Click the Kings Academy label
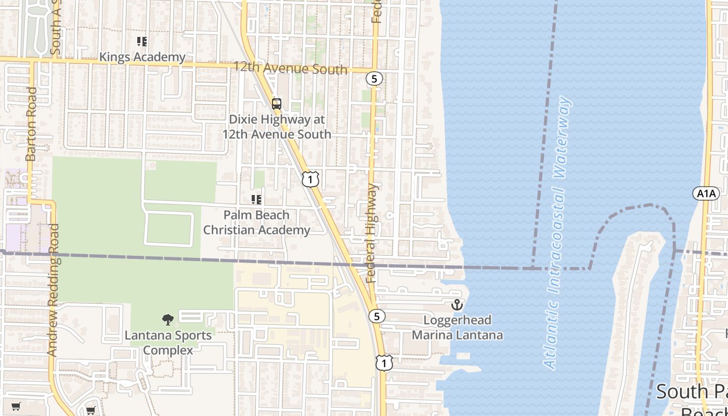[x=142, y=57]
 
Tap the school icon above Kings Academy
[x=142, y=41]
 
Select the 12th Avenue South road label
[x=290, y=68]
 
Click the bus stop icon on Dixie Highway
[x=277, y=103]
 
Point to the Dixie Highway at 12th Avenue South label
[x=277, y=127]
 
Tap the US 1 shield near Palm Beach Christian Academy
[x=310, y=179]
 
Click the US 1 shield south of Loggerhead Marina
[x=384, y=362]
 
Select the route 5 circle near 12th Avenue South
[x=374, y=79]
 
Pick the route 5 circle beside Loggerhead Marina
[x=377, y=316]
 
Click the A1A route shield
[x=706, y=194]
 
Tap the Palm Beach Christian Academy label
[x=256, y=223]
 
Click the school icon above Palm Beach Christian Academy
[x=256, y=200]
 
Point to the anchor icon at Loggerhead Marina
[x=457, y=305]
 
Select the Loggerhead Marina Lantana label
[x=458, y=328]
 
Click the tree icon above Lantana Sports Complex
[x=167, y=319]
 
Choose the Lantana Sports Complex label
[x=168, y=343]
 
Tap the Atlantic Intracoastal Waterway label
[x=557, y=233]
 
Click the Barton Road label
[x=31, y=124]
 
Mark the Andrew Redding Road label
[x=53, y=290]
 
